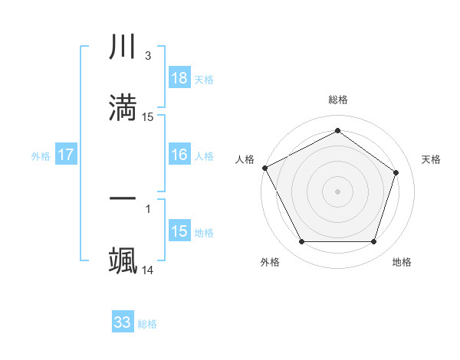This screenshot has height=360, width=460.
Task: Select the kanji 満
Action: pyautogui.click(x=123, y=108)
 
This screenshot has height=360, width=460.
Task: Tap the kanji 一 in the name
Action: pyautogui.click(x=123, y=198)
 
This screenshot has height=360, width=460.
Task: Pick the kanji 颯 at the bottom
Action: pyautogui.click(x=123, y=260)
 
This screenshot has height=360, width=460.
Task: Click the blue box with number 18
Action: pyautogui.click(x=179, y=78)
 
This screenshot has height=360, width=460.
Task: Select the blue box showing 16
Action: pyautogui.click(x=179, y=155)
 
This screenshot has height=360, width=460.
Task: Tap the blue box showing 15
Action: pyautogui.click(x=179, y=231)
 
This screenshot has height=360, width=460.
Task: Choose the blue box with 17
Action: pyautogui.click(x=66, y=155)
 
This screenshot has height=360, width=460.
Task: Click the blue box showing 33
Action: pyautogui.click(x=123, y=322)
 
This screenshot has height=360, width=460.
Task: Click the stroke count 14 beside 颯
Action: pyautogui.click(x=148, y=270)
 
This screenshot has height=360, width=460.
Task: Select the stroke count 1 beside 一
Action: pyautogui.click(x=147, y=208)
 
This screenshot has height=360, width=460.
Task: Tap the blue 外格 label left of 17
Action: pyautogui.click(x=41, y=155)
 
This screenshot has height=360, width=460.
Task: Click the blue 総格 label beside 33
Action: pyautogui.click(x=147, y=324)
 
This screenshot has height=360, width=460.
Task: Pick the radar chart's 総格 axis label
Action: pyautogui.click(x=338, y=100)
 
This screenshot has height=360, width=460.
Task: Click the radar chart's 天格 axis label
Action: pyautogui.click(x=432, y=159)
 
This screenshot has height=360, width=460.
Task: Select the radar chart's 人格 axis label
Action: pyautogui.click(x=245, y=159)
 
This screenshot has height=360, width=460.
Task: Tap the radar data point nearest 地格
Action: pyautogui.click(x=373, y=242)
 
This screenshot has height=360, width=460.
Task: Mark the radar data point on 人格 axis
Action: pyautogui.click(x=264, y=168)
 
